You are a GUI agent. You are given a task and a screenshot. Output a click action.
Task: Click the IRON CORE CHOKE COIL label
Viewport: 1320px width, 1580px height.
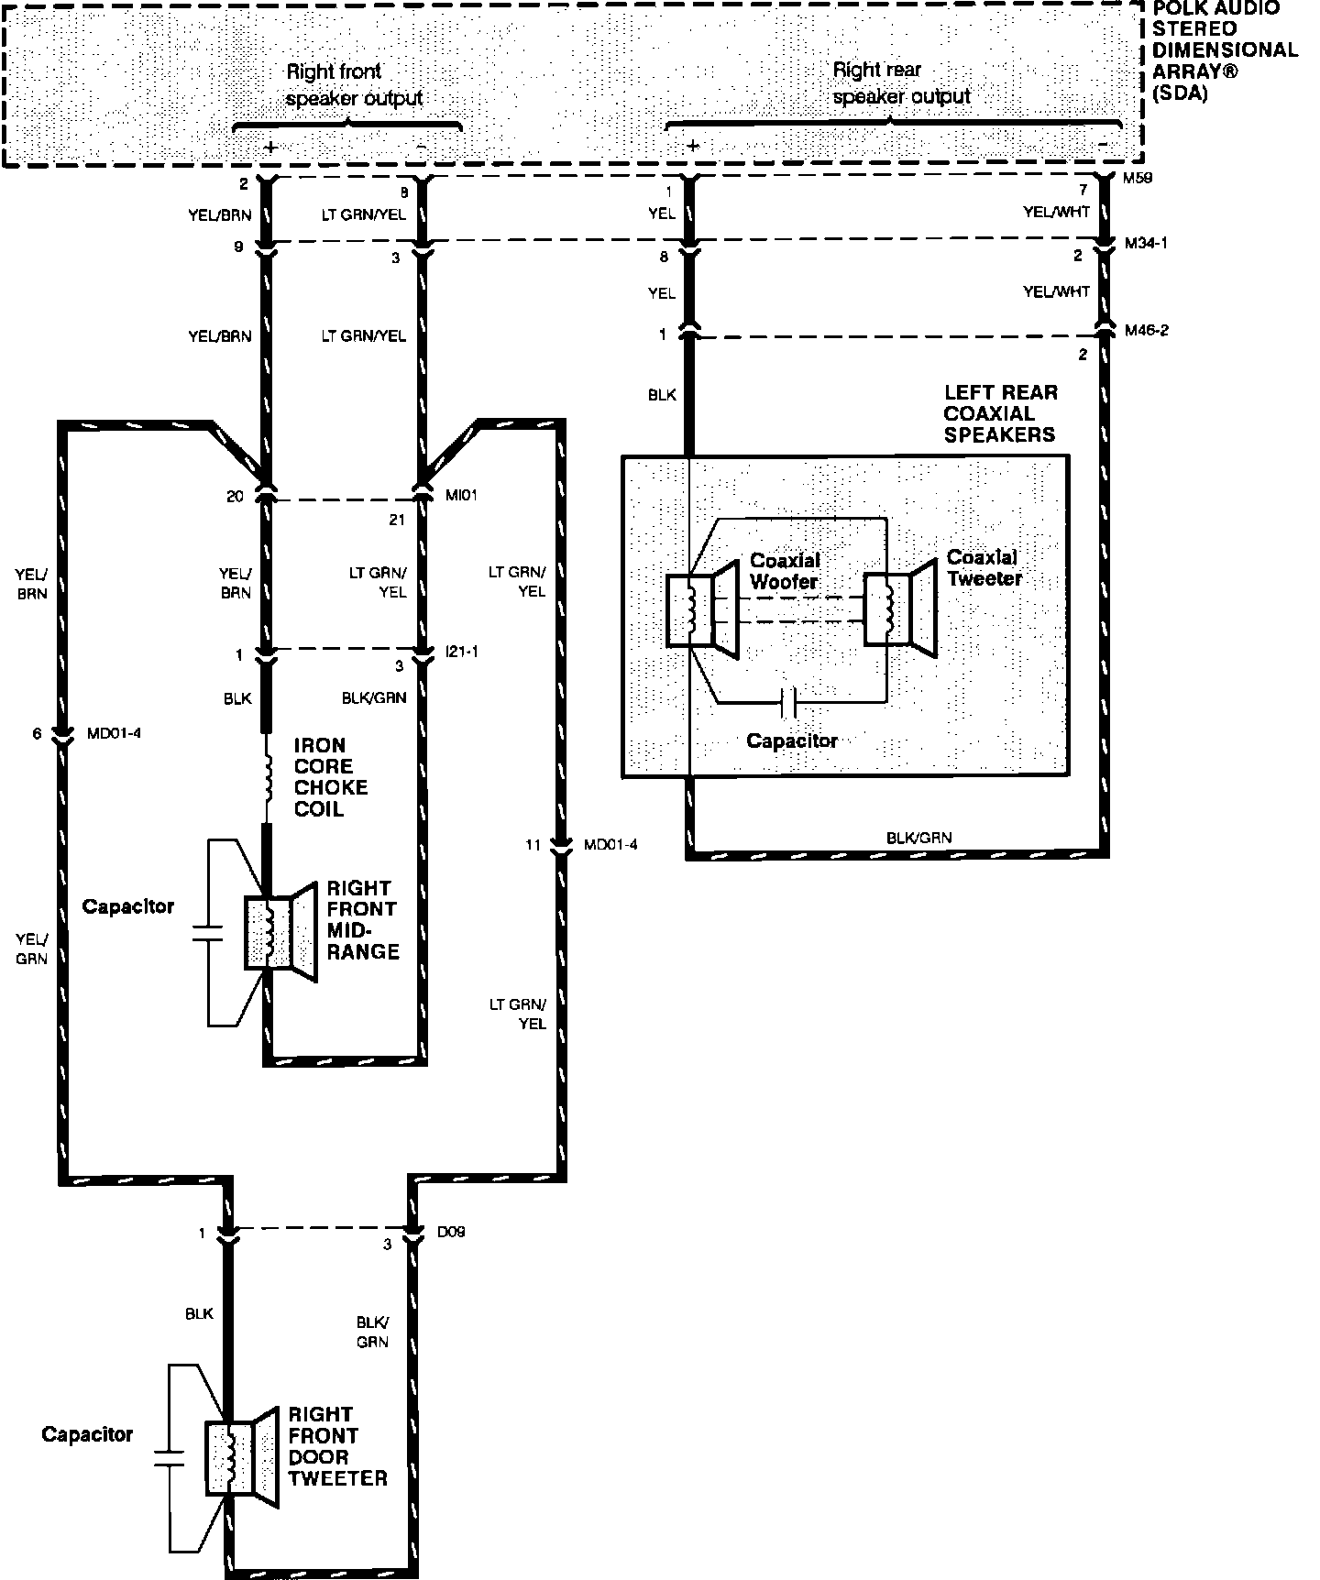tap(331, 777)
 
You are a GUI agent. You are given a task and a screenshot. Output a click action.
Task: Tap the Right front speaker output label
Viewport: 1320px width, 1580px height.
tap(354, 84)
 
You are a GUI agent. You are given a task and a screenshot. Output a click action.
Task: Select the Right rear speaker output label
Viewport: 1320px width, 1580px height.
tap(901, 82)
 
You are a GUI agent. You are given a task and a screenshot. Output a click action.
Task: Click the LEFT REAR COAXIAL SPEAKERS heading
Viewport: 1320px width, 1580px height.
tap(1000, 413)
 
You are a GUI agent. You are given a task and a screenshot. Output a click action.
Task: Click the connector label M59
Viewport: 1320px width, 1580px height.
tap(1138, 179)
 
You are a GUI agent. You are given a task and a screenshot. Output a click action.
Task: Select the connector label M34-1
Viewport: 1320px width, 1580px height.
tap(1146, 245)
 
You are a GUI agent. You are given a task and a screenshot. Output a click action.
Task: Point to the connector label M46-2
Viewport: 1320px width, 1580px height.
tap(1146, 330)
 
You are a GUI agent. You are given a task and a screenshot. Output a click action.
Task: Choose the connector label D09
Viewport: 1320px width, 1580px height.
tap(451, 1232)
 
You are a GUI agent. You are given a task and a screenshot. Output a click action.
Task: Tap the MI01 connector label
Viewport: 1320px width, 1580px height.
tap(461, 495)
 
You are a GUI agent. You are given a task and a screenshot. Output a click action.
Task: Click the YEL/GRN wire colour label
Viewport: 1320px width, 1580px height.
tap(31, 949)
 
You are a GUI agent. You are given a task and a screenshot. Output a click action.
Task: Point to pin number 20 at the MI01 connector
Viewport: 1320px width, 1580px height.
tap(235, 497)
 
